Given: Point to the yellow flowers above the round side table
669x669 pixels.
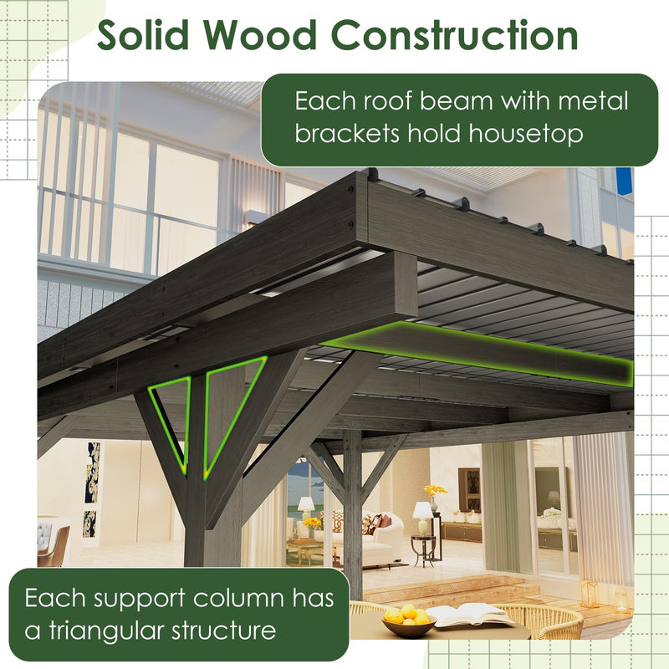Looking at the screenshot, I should pos(435,491).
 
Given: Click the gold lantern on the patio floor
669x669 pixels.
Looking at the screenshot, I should pos(590,593).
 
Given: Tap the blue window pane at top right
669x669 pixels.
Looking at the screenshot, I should pos(624,181).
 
